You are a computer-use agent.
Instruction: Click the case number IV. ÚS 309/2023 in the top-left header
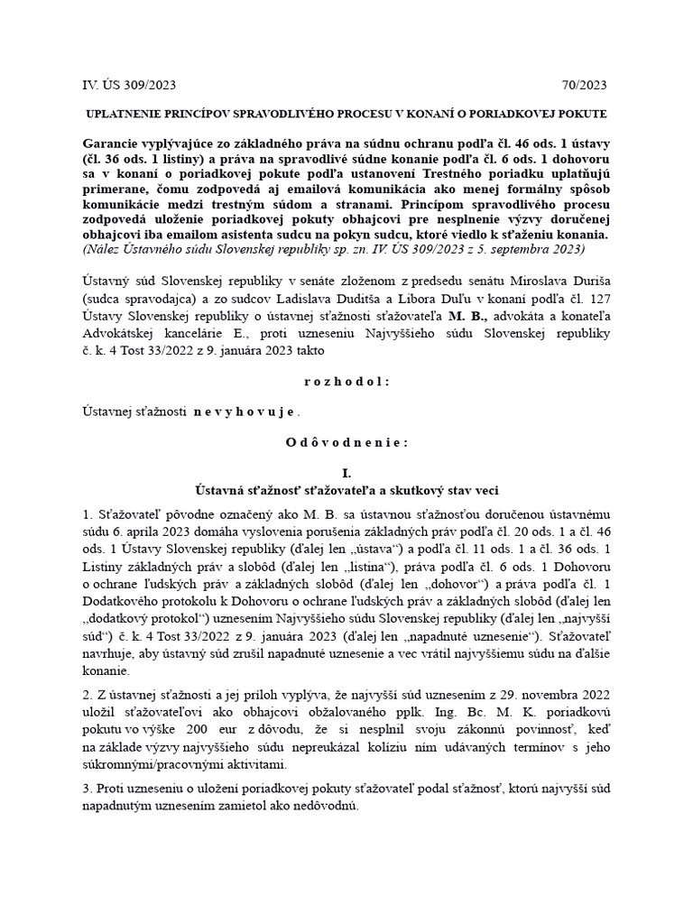click(128, 86)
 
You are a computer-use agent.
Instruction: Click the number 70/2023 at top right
click(584, 86)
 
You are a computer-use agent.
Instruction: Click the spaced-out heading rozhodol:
click(346, 381)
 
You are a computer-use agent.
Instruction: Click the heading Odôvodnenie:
click(346, 442)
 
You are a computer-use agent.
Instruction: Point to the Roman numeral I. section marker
click(346, 473)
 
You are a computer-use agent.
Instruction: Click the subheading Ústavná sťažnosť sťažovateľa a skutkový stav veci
click(346, 489)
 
